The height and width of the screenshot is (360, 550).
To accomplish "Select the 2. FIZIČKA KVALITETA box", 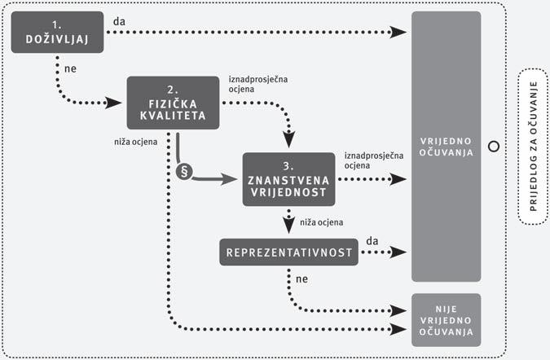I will (x=176, y=103).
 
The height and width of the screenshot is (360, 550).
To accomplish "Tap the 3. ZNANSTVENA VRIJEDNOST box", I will (x=288, y=178).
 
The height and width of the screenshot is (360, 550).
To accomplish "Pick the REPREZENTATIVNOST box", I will (x=288, y=252).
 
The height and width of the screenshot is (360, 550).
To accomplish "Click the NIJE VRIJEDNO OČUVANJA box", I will (x=446, y=319).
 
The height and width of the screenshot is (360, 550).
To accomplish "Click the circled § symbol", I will (x=183, y=173).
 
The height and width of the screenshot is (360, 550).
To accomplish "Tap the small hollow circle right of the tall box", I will (x=492, y=147).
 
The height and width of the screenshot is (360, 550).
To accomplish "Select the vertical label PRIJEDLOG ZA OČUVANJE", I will (x=533, y=147).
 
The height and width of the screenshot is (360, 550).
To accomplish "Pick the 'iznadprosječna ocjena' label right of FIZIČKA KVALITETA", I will (x=254, y=85).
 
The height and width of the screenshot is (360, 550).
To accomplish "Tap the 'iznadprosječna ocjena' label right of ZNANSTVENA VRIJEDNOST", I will (x=371, y=160).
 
